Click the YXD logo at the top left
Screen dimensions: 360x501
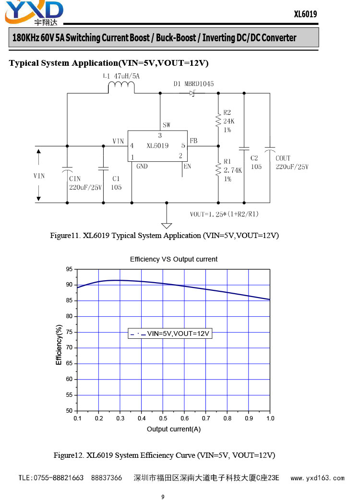pos(34,13)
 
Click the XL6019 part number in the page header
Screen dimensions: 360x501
pos(305,14)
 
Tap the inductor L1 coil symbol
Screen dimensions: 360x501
pos(121,86)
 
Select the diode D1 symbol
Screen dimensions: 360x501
pos(192,93)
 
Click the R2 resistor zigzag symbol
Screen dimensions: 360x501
pos(218,121)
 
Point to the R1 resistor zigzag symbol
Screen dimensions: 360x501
pos(218,169)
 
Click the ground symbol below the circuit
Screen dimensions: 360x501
pos(167,226)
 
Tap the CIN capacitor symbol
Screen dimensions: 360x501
pos(67,169)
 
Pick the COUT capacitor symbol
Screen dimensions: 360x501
pos(270,149)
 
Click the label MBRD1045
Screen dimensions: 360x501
pos(199,83)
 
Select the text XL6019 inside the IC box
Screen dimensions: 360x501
pos(157,146)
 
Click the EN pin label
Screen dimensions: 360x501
pos(187,166)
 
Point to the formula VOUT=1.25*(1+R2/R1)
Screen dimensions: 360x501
pos(224,214)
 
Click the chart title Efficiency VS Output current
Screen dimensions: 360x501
pos(174,259)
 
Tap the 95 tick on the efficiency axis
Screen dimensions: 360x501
pos(70,269)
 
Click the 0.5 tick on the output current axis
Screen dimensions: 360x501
pos(163,418)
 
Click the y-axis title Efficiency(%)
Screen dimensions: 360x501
pos(59,345)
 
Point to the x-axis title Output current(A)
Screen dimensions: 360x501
pos(174,429)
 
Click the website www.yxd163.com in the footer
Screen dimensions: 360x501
pos(317,478)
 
